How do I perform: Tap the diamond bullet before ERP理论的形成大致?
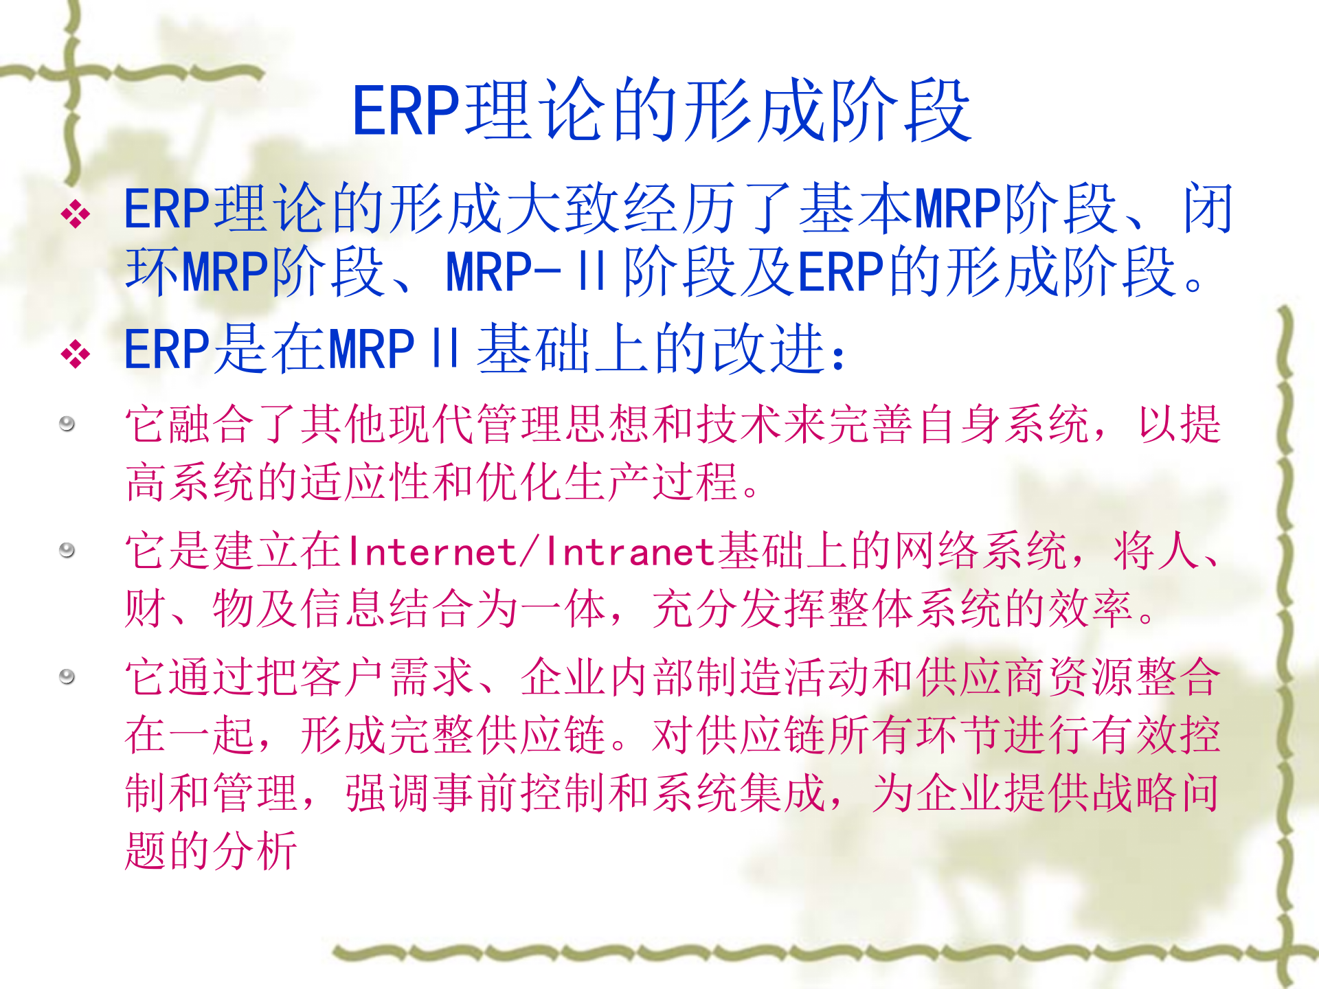coord(76,214)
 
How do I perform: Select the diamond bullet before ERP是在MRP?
coord(76,354)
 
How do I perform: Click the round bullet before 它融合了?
coord(67,423)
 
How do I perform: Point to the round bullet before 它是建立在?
coord(67,550)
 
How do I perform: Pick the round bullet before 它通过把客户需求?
coord(67,677)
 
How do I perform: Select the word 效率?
coord(1092,609)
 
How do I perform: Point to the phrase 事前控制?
coord(519,793)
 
